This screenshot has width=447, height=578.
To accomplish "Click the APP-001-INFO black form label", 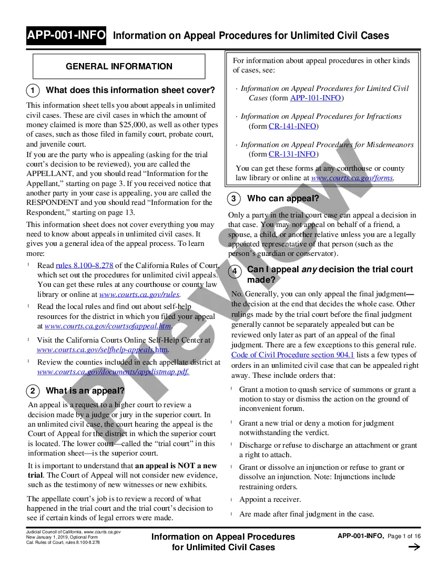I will point(66,36).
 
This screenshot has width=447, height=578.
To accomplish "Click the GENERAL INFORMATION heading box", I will point(119,67).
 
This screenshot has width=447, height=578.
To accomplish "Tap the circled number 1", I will point(33,90).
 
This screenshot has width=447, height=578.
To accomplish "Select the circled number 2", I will point(33,391).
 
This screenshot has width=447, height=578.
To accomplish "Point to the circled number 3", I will point(234,199).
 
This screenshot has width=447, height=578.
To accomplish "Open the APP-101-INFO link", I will point(316,98).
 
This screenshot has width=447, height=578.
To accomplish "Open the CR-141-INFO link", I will point(292,126).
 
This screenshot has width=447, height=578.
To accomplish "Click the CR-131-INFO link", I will point(292,154).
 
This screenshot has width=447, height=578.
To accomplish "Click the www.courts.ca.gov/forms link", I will point(352,178).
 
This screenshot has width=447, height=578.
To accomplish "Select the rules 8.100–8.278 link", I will point(84,265).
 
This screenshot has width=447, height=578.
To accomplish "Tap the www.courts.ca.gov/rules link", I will point(139,295).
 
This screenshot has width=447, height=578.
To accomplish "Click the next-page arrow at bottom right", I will point(414,547).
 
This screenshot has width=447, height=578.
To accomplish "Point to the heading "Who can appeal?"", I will point(283,199).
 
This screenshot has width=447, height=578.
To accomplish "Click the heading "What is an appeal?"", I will point(85,391).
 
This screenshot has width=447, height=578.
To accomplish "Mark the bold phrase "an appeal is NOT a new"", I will point(176,466).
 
